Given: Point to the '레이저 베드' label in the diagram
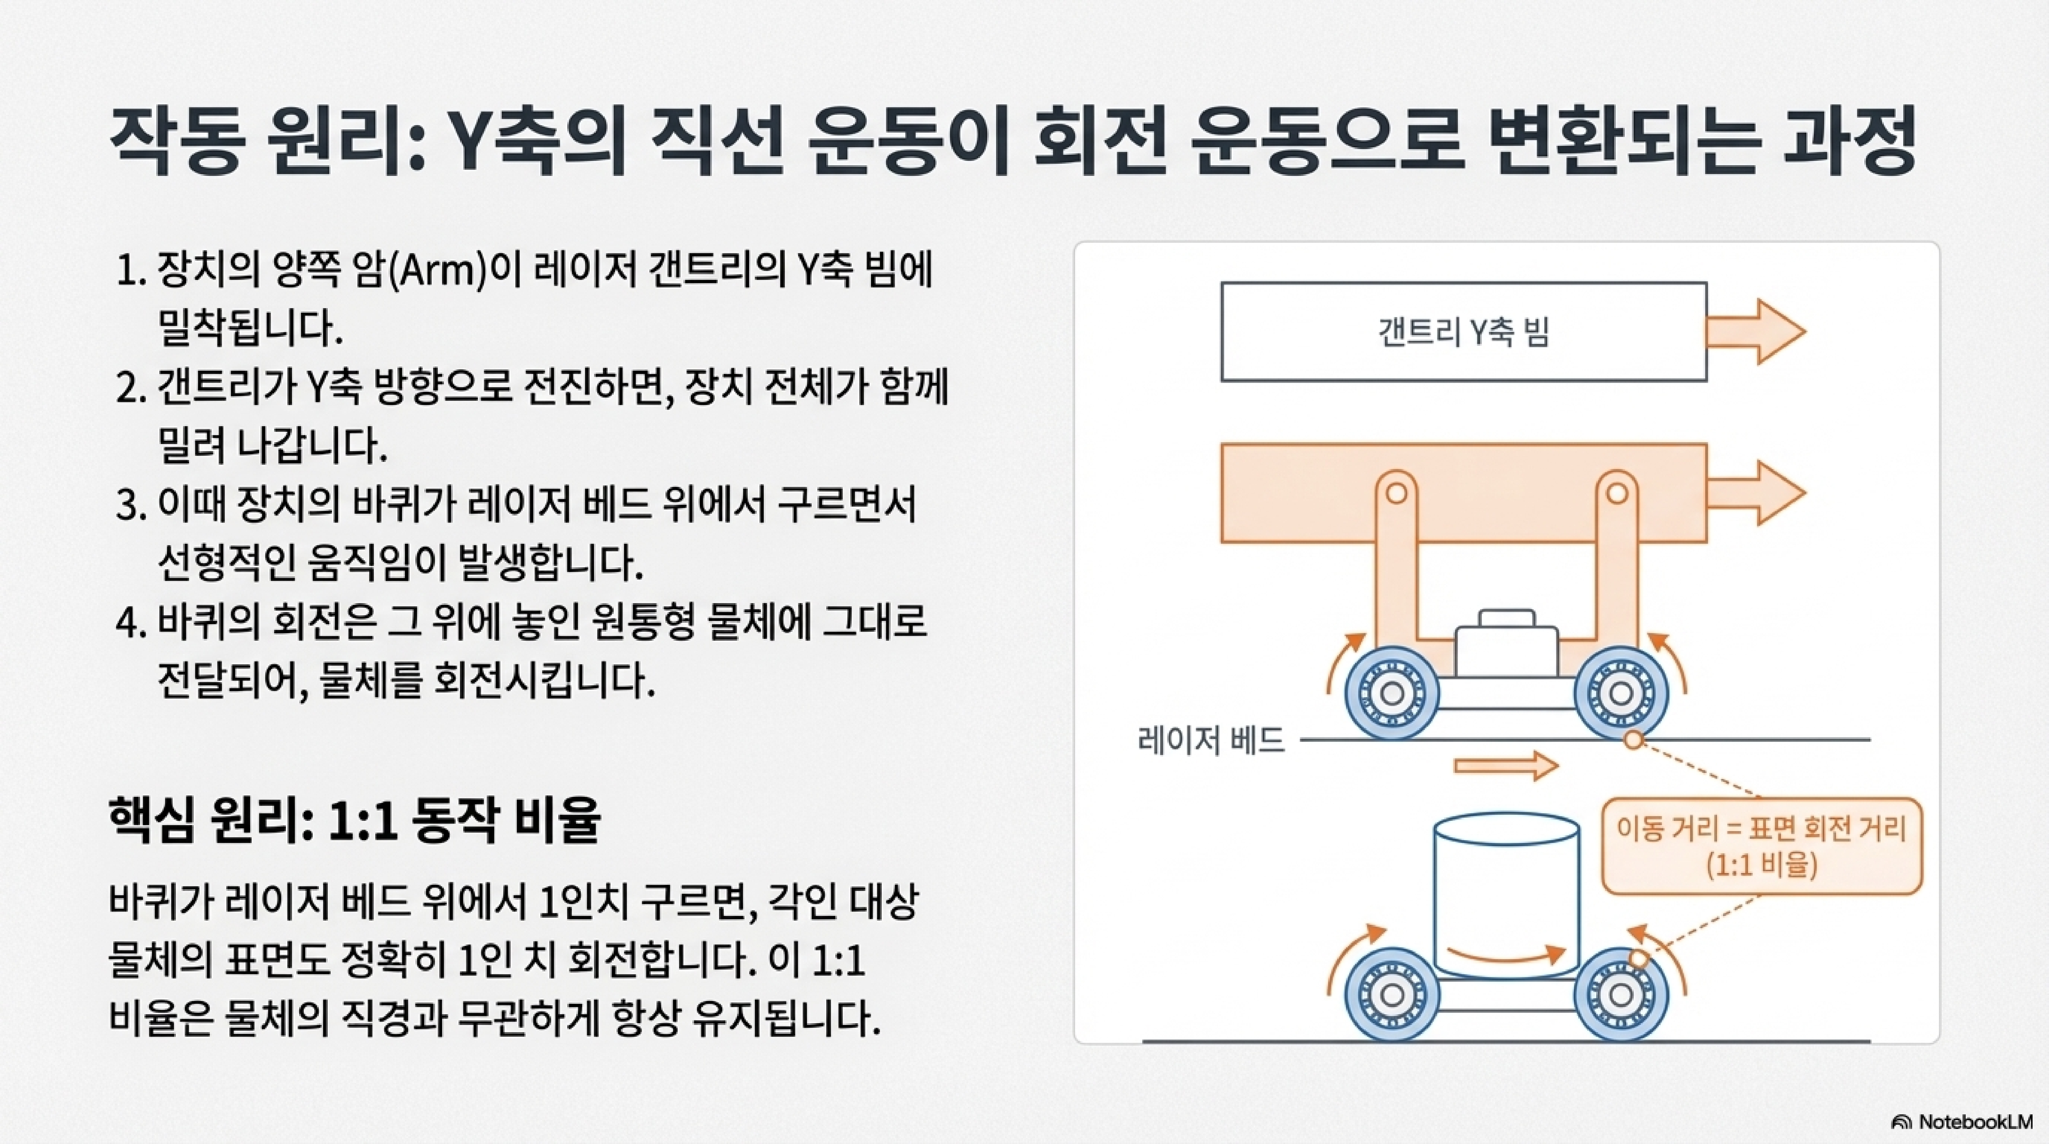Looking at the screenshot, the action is coord(1211,740).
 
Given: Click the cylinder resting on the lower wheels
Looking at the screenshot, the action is coord(1506,891).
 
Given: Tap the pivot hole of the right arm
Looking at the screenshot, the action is coord(1616,493).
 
